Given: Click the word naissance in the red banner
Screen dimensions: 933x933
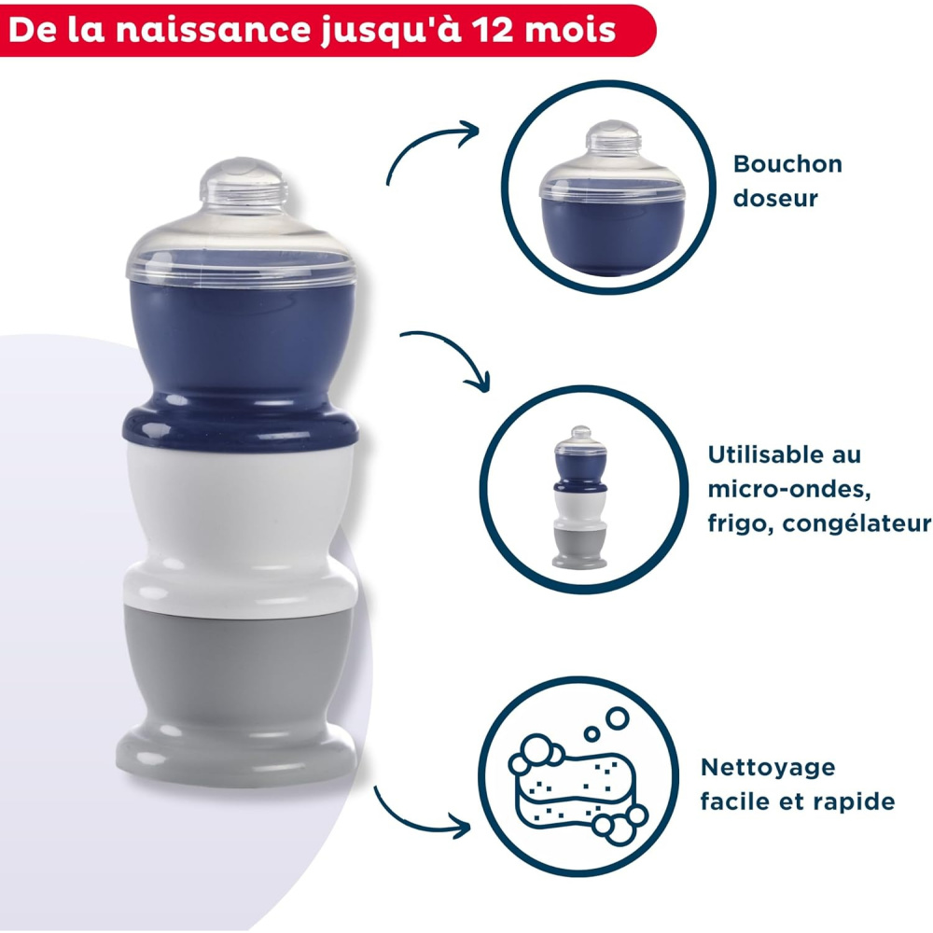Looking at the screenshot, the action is [x=213, y=30].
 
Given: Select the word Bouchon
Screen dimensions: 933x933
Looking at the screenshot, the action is [x=787, y=164].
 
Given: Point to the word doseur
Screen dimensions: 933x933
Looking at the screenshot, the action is [x=775, y=198].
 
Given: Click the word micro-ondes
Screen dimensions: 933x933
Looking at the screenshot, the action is [x=789, y=489].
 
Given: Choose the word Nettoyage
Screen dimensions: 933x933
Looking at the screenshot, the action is [x=768, y=768].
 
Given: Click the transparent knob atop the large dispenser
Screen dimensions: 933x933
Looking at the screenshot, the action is [x=244, y=186].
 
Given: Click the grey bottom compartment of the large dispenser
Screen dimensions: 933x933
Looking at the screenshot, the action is [x=238, y=690].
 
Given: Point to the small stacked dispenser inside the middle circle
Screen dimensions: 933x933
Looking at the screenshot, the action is [x=580, y=497].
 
